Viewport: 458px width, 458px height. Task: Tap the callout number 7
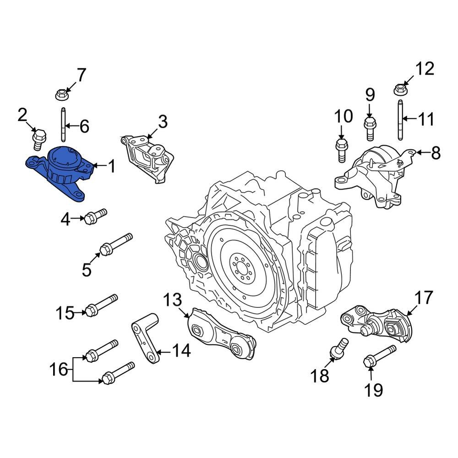coord(81,75)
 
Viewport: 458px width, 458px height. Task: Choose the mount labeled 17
coord(380,323)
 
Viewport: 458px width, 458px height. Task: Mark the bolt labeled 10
coord(340,149)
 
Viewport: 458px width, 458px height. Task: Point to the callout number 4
coord(65,220)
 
